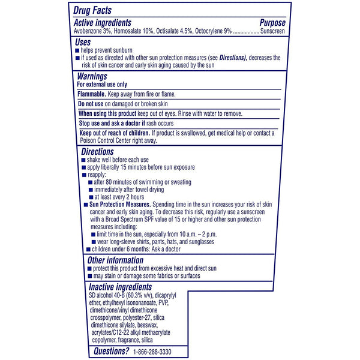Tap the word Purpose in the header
tap(272, 22)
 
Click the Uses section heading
tap(82, 42)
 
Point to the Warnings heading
tap(92, 76)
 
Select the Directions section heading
tap(97, 152)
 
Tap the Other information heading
tap(115, 260)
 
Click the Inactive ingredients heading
tap(119, 287)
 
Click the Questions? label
tap(109, 351)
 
